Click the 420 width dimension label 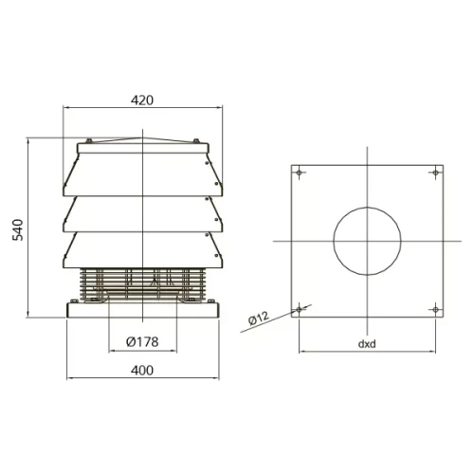click(x=142, y=100)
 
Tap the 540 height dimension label click(x=18, y=229)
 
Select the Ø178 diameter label click(x=142, y=342)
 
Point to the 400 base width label click(x=142, y=370)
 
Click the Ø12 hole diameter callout click(x=259, y=318)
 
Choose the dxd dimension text click(x=367, y=343)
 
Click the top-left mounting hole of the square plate click(x=299, y=173)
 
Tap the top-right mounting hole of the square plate click(x=435, y=173)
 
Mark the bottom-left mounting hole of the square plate click(x=299, y=309)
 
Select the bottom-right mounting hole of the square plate click(x=435, y=309)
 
